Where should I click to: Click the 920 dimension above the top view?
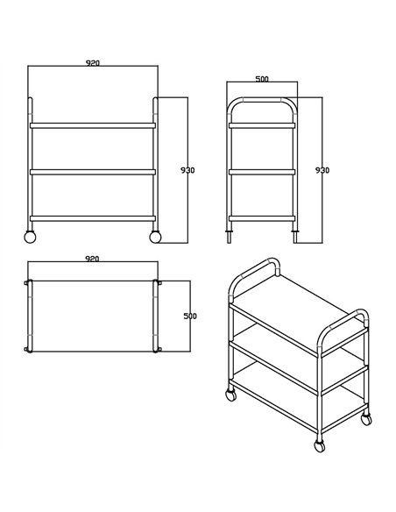(93, 260)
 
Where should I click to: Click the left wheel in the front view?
(30, 237)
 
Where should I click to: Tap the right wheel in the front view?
(156, 237)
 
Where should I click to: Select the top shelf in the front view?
(93, 125)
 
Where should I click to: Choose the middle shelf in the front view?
(93, 172)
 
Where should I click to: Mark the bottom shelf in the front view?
(93, 217)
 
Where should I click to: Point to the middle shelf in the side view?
(261, 172)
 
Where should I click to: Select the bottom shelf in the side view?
(261, 217)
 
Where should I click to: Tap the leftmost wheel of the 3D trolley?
(231, 395)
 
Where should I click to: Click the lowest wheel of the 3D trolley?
(319, 448)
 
